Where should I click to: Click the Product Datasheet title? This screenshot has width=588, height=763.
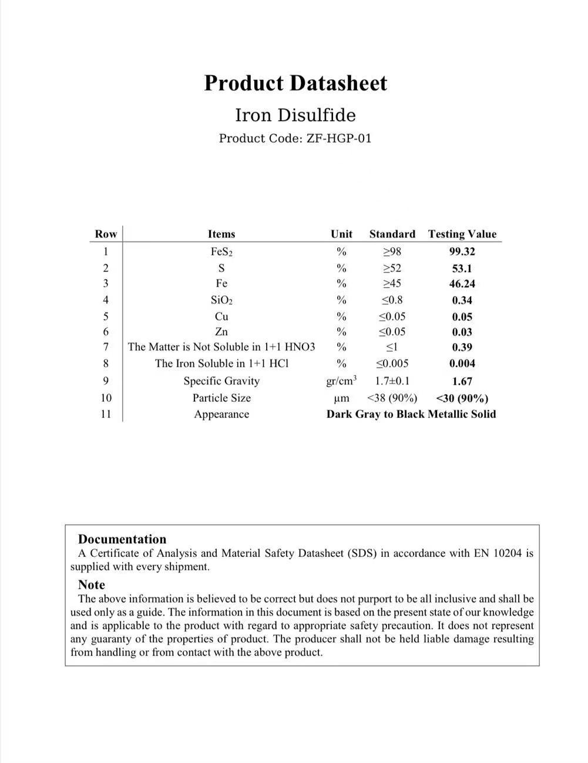click(x=295, y=83)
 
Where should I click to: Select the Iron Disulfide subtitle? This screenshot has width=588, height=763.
click(x=295, y=115)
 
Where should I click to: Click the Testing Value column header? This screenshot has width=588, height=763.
click(x=462, y=234)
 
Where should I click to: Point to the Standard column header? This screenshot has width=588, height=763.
click(x=392, y=234)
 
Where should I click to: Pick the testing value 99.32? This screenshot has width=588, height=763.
click(x=462, y=251)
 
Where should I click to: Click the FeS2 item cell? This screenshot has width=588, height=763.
click(x=221, y=251)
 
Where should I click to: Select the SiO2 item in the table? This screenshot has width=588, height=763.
click(x=221, y=300)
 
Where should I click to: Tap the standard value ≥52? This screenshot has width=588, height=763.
click(x=392, y=268)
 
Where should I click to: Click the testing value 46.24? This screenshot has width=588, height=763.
click(x=462, y=284)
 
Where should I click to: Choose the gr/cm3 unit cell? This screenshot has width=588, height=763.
click(x=341, y=381)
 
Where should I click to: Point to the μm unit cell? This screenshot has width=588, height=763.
click(x=341, y=398)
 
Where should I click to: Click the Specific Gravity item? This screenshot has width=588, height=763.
click(x=221, y=381)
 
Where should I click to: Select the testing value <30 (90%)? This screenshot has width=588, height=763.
click(x=462, y=398)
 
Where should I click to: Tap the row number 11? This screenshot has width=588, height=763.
click(x=106, y=414)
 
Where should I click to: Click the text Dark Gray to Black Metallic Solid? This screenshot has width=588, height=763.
click(x=411, y=414)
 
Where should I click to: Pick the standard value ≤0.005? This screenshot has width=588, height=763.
click(x=392, y=363)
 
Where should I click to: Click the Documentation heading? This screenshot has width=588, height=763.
click(x=122, y=539)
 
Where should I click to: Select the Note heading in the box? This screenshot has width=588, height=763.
click(x=92, y=584)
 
